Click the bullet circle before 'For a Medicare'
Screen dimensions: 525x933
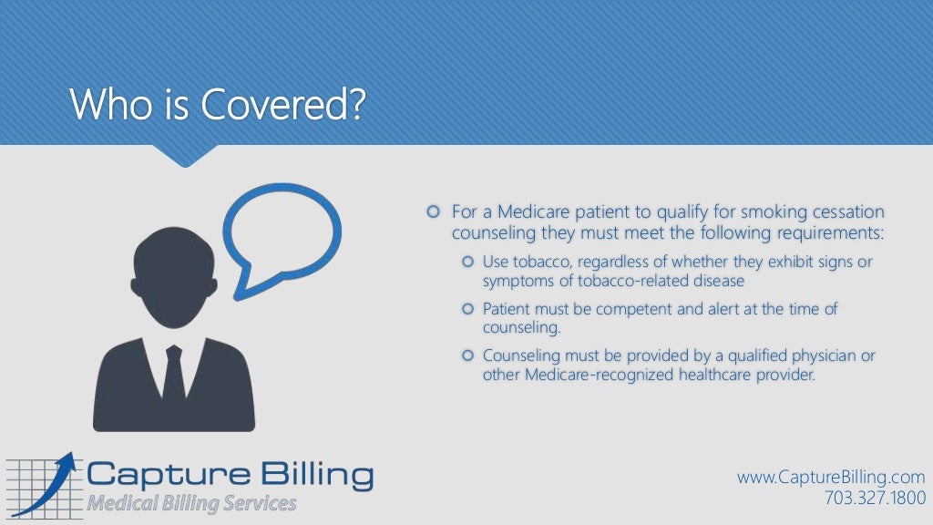click(x=433, y=212)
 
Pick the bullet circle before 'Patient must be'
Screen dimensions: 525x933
click(x=468, y=309)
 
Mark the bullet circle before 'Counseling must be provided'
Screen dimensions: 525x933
click(x=468, y=355)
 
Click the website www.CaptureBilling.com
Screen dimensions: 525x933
click(x=831, y=478)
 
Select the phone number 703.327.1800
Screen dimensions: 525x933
click(x=874, y=498)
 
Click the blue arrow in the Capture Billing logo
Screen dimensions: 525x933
click(x=46, y=483)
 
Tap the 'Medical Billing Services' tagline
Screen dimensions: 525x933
click(x=191, y=503)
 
